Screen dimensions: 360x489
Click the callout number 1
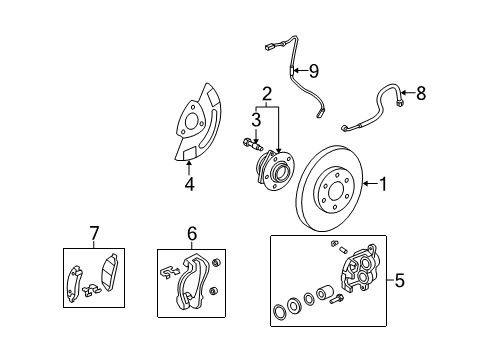pyautogui.click(x=381, y=184)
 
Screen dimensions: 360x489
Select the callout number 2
pyautogui.click(x=267, y=95)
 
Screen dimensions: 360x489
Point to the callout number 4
pyautogui.click(x=189, y=184)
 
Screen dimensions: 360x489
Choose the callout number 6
pyautogui.click(x=190, y=234)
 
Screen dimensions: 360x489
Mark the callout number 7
pyautogui.click(x=94, y=234)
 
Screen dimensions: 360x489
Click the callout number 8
pyautogui.click(x=420, y=95)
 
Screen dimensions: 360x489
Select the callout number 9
pyautogui.click(x=313, y=71)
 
